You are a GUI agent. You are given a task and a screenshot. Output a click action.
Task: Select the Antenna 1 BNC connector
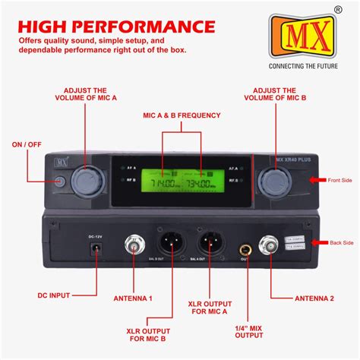click(136, 246)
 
